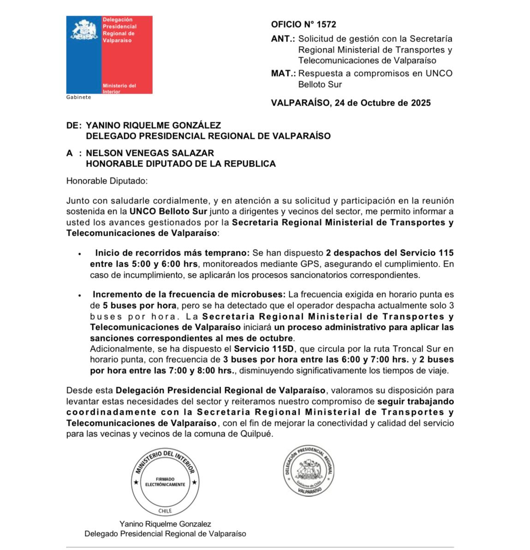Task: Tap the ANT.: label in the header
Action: pos(283,39)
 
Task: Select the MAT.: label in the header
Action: pos(283,73)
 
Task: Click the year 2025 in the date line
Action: pos(420,103)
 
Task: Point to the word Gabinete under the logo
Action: pos(78,97)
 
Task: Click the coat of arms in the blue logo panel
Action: pos(84,30)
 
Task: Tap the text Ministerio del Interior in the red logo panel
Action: pos(119,88)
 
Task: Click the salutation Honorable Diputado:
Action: pos(107,181)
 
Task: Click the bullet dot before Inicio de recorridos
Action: pos(80,254)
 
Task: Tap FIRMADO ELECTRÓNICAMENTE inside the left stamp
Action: pos(165,482)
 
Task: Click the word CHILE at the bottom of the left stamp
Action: pos(165,511)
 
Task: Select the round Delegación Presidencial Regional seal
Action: pos(308,471)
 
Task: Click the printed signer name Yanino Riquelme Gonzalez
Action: pos(165,524)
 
